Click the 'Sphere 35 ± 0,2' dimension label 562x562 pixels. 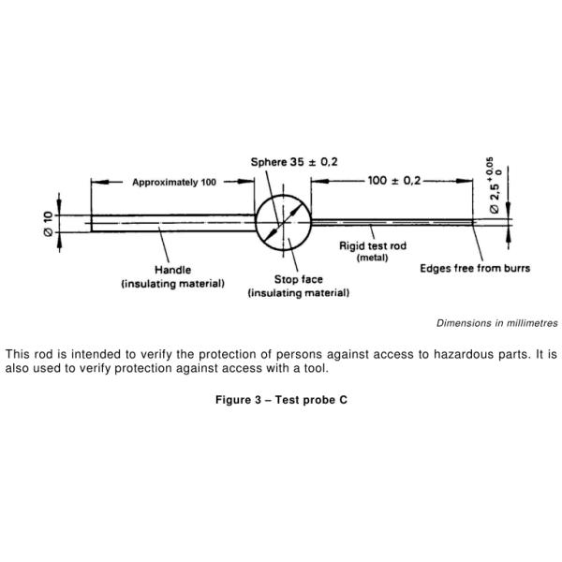[293, 162]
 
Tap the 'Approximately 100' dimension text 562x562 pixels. [174, 182]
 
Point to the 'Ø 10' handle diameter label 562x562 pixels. [48, 223]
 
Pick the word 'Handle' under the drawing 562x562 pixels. [172, 270]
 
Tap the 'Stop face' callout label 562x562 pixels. [298, 279]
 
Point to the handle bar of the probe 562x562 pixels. [172, 223]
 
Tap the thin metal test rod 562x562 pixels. [393, 222]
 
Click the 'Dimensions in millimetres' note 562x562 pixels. [496, 323]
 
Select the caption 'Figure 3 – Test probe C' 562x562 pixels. [281, 400]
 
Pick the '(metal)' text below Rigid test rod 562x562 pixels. [372, 258]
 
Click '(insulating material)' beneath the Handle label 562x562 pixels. [172, 283]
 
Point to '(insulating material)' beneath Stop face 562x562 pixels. [298, 293]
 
